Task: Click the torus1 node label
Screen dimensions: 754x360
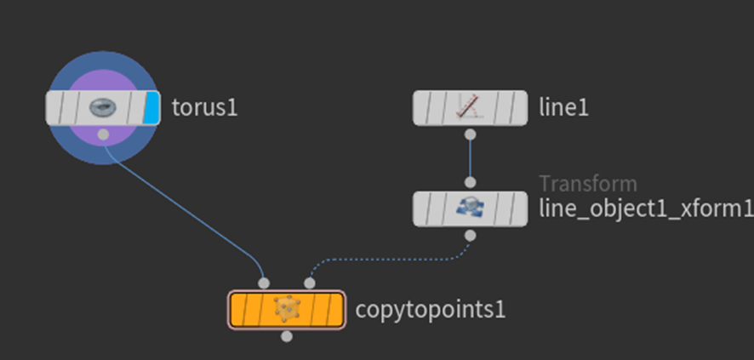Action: [x=205, y=108]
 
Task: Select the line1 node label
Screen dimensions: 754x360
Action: [x=563, y=108]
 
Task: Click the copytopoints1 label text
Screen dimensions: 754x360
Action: [x=431, y=310]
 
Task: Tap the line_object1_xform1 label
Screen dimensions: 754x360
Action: [x=646, y=209]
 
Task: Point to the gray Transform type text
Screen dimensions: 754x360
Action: [x=588, y=184]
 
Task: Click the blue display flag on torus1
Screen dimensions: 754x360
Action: [x=152, y=108]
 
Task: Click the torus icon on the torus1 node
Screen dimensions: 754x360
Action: [x=103, y=108]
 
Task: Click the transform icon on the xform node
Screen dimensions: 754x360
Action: [x=471, y=209]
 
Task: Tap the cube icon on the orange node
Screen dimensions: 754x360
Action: [x=287, y=309]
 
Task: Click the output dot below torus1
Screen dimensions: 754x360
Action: [x=103, y=134]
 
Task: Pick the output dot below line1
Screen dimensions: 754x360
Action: [x=471, y=134]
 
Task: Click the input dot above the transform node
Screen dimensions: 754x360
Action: [x=471, y=182]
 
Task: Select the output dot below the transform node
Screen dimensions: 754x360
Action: [x=471, y=236]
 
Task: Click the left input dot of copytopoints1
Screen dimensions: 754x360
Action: [x=264, y=283]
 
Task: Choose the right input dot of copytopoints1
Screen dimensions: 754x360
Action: [x=310, y=283]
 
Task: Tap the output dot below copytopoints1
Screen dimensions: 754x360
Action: [x=287, y=336]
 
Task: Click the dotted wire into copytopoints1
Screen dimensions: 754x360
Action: [x=390, y=260]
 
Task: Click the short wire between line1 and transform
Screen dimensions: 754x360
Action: [x=471, y=158]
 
